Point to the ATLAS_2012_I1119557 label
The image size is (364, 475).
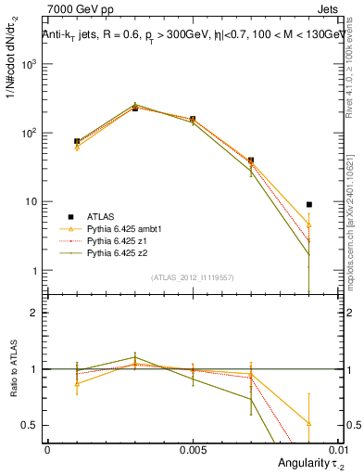[193, 277]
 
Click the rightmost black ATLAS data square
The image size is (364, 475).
[309, 204]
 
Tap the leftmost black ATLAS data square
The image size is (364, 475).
[77, 142]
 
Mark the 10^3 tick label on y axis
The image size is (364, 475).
[29, 64]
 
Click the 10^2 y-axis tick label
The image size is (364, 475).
[29, 133]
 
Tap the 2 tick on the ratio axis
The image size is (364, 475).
[36, 313]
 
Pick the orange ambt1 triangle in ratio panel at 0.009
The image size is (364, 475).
[309, 423]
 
